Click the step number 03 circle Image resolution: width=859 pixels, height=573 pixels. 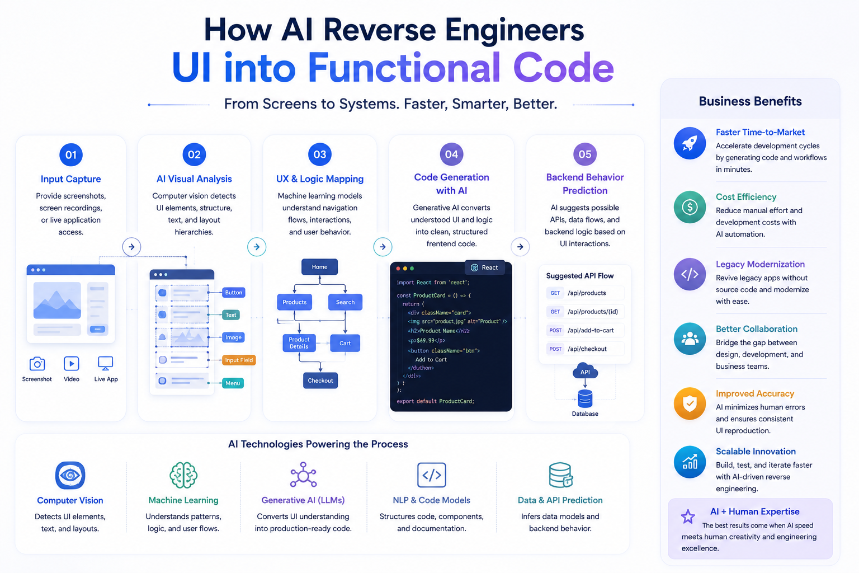(320, 154)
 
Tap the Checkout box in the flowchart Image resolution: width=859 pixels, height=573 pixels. (320, 381)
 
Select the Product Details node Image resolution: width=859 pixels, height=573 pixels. (299, 342)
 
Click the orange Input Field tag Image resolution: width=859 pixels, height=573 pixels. (239, 360)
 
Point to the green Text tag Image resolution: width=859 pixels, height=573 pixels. (231, 314)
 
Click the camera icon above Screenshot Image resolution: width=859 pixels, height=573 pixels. (37, 364)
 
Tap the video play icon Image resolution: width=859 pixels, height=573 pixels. (72, 364)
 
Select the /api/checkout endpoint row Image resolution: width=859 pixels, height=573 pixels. (585, 349)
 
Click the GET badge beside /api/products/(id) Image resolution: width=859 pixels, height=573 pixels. (555, 312)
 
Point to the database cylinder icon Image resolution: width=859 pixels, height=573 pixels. (585, 398)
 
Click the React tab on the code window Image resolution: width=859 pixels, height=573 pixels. (484, 267)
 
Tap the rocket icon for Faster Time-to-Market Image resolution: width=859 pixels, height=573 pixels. (690, 143)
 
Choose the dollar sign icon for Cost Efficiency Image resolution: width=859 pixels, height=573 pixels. (690, 207)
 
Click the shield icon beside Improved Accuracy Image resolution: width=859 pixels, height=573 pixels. (690, 403)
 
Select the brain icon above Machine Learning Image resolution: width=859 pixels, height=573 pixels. (183, 475)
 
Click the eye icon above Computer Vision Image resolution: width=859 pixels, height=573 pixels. (70, 475)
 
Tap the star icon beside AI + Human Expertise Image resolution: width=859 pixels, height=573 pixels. (687, 516)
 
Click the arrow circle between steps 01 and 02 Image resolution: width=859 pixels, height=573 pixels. (131, 246)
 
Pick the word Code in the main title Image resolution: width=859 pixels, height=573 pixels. (563, 68)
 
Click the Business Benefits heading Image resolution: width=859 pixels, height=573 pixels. (750, 101)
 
